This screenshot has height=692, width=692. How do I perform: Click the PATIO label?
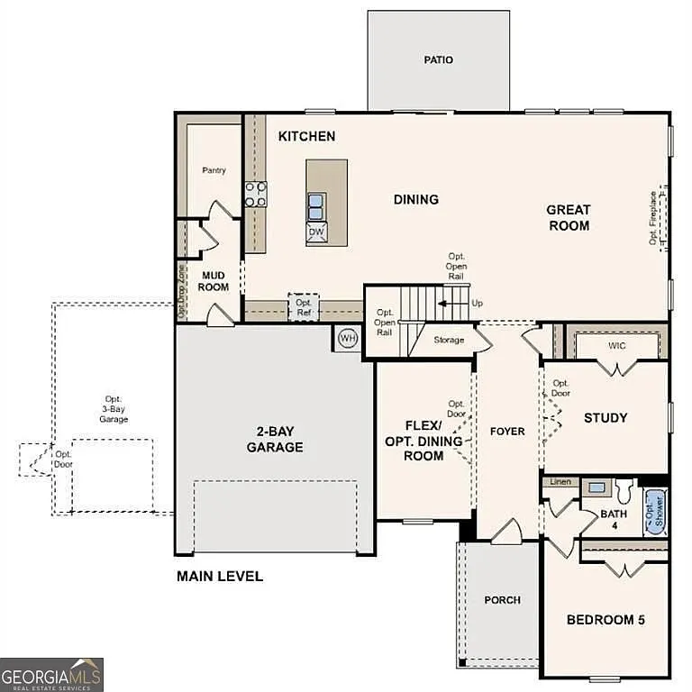[x=439, y=60]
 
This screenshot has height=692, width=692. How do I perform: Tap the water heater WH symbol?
[x=348, y=338]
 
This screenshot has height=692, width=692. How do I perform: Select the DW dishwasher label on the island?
[x=316, y=232]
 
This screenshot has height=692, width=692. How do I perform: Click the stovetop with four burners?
[x=256, y=195]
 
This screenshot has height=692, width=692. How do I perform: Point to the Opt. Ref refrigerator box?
[x=304, y=308]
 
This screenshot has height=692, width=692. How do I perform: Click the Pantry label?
[x=214, y=170]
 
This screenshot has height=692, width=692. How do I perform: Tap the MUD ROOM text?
[x=214, y=281]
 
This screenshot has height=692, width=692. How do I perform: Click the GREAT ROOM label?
[x=569, y=218]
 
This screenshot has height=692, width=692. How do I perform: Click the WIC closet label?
[x=617, y=344]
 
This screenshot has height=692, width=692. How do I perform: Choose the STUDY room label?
[x=605, y=418]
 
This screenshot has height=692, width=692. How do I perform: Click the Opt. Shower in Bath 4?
[x=654, y=513]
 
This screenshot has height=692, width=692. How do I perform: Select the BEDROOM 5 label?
[x=605, y=620]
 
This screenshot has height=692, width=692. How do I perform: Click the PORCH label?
[x=502, y=600]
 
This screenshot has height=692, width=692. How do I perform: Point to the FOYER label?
[x=507, y=432]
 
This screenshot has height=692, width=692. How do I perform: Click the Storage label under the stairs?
[x=449, y=340]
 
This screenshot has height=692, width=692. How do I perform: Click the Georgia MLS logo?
[x=51, y=674]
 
